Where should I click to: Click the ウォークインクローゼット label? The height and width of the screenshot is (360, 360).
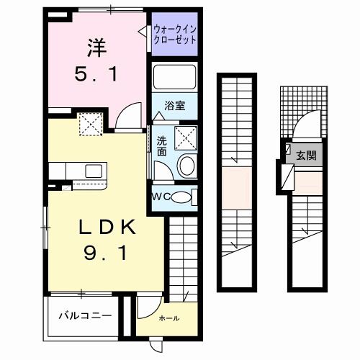click(175, 35)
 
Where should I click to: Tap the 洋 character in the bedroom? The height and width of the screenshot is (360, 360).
click(97, 48)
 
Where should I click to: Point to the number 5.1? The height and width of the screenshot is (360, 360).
click(96, 74)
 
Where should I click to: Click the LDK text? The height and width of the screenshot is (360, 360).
click(107, 228)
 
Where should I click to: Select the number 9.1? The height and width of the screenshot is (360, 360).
click(105, 253)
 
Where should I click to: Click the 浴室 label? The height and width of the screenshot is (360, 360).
click(175, 106)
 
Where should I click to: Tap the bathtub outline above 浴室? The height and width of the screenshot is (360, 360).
click(174, 77)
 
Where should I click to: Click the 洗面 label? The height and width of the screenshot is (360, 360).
click(162, 146)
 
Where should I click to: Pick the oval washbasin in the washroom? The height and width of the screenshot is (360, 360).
click(187, 166)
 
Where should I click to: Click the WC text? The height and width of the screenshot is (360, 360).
click(161, 197)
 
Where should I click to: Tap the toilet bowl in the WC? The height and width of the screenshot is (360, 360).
click(181, 197)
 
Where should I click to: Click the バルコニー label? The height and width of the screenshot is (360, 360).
click(85, 315)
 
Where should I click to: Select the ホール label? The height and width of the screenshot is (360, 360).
click(169, 318)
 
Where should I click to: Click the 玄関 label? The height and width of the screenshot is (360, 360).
click(306, 156)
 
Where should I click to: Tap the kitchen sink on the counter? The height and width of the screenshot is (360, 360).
click(94, 171)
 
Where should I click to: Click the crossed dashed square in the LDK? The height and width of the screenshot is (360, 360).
click(91, 125)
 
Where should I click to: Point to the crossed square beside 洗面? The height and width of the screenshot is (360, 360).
click(186, 138)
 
